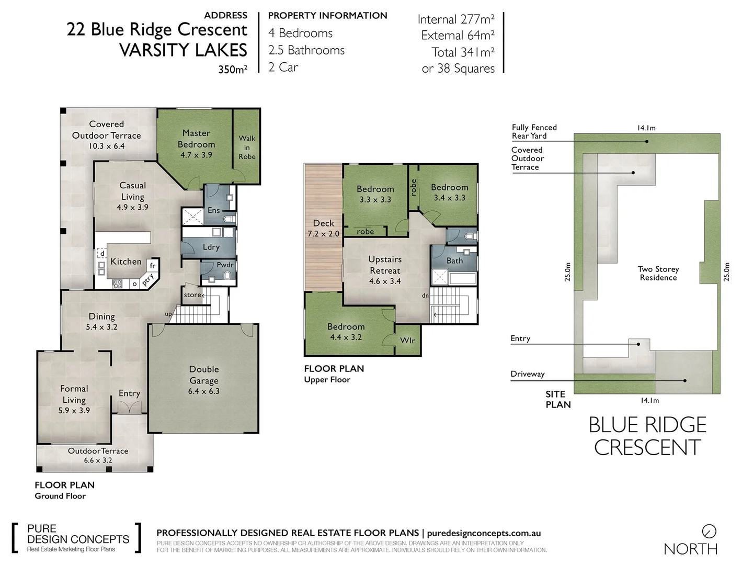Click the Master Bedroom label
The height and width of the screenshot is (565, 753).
196,139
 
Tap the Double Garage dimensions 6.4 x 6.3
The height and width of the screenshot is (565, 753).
204,391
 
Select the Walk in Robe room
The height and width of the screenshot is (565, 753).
247,147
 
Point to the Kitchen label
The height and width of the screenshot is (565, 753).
126,262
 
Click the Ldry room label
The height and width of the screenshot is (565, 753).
211,247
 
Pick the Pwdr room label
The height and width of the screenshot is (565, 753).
225,265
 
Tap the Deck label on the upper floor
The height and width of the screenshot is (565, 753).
323,223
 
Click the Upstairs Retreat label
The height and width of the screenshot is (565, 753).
385,265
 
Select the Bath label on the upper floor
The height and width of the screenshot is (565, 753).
454,261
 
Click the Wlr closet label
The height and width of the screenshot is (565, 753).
407,341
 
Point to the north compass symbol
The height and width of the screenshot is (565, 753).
709,532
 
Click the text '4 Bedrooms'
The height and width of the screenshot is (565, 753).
300,33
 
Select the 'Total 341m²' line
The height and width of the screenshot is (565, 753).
463,52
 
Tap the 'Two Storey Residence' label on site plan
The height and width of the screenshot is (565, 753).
658,273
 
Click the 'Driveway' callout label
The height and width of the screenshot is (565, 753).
528,374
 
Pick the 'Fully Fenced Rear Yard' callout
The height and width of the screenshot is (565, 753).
534,131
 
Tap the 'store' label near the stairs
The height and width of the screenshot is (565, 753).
192,295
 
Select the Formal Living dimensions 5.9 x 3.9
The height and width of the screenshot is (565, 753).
74,411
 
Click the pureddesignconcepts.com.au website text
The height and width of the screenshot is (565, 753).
484,533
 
